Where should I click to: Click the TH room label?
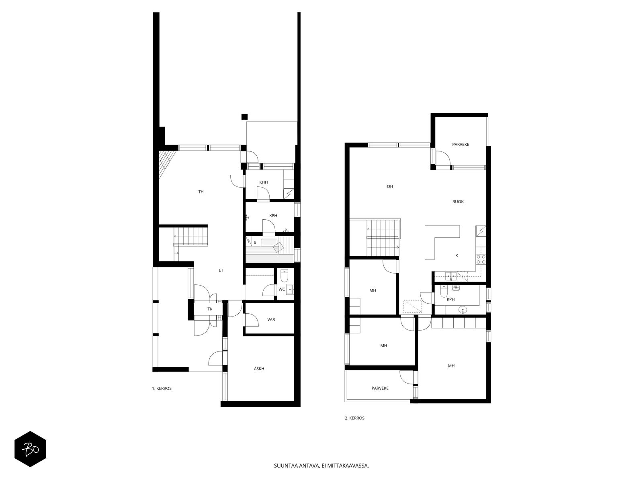point(201,192)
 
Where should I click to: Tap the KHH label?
point(263,182)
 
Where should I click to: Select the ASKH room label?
point(259,369)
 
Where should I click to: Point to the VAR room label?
point(271,320)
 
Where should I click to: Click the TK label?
point(210,309)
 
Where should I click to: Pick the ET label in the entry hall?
point(221,270)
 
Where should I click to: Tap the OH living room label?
point(389,186)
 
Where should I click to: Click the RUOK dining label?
point(458,202)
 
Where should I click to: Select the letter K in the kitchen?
point(457,255)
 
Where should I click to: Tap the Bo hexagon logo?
point(30,449)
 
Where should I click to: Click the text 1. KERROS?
point(162,388)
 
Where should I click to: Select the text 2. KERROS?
point(354,418)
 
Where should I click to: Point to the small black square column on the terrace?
point(244,117)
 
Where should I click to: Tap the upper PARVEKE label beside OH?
point(461,145)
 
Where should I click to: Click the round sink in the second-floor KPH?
point(463,309)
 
